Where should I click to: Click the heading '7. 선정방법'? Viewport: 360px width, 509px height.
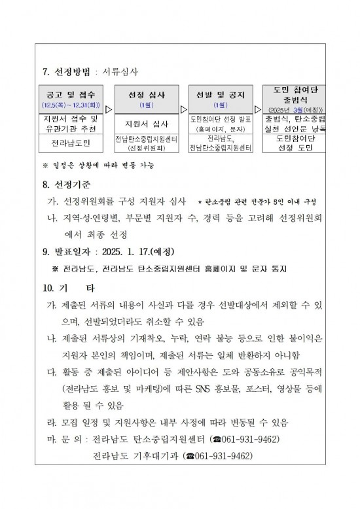[67, 71]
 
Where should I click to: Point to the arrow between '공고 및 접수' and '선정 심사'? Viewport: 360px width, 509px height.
[108, 110]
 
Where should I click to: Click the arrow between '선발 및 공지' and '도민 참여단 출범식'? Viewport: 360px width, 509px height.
[257, 110]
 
